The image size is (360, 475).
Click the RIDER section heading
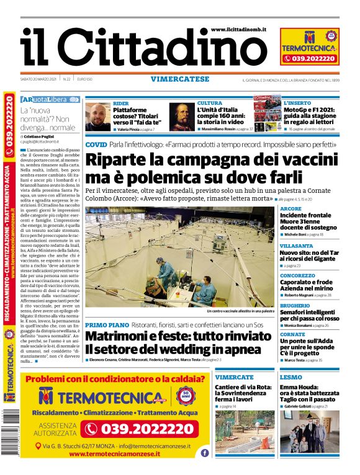click(x=120, y=103)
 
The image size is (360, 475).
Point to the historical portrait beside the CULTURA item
click(x=182, y=117)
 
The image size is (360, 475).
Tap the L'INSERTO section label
click(x=299, y=103)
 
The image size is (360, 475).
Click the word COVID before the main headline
click(x=96, y=144)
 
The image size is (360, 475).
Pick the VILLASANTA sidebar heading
click(x=297, y=246)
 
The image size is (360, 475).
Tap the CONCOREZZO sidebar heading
click(x=297, y=275)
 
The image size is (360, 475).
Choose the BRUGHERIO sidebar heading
click(x=295, y=305)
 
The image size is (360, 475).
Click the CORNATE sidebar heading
click(x=292, y=334)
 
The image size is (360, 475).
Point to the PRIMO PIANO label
click(x=107, y=325)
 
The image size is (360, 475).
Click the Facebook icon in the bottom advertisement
click(x=204, y=453)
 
